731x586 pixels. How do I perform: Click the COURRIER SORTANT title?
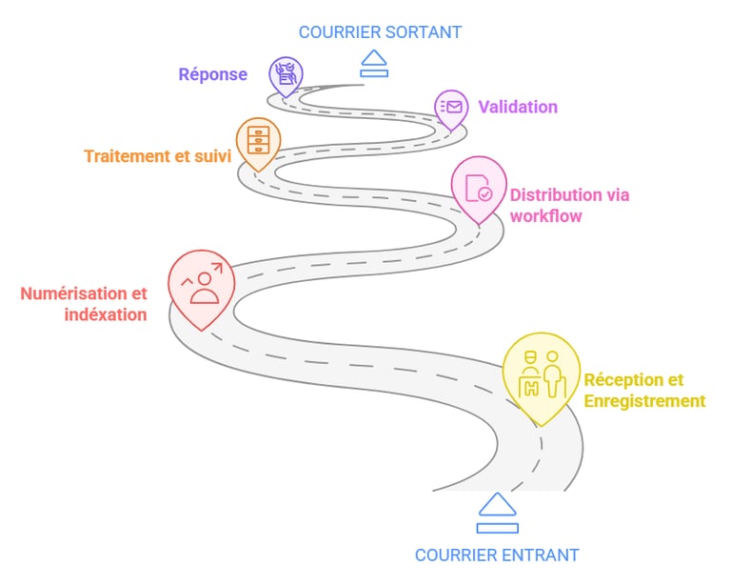pyautogui.click(x=380, y=32)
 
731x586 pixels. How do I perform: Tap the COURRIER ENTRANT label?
pyautogui.click(x=496, y=555)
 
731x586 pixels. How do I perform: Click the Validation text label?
pyautogui.click(x=518, y=107)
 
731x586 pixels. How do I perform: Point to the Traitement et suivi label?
pyautogui.click(x=157, y=156)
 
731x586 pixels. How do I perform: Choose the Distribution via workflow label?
pyautogui.click(x=569, y=206)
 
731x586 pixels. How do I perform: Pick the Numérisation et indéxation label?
pyautogui.click(x=84, y=304)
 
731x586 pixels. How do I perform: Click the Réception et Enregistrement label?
pyautogui.click(x=644, y=390)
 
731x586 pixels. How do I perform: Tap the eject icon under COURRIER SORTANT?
pyautogui.click(x=374, y=63)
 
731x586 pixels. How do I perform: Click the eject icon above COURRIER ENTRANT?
pyautogui.click(x=498, y=513)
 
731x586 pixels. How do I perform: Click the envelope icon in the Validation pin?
pyautogui.click(x=451, y=107)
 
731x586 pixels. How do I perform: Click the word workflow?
pyautogui.click(x=545, y=216)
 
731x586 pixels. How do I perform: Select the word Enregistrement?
pyautogui.click(x=644, y=401)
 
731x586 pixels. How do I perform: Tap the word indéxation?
pyautogui.click(x=107, y=314)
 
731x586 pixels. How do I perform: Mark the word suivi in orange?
pyautogui.click(x=211, y=156)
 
